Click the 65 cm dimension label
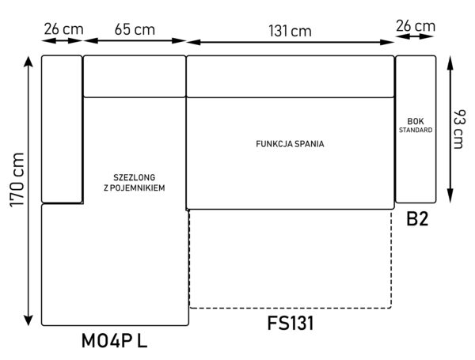tap(135, 30)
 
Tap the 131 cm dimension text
tap(290, 31)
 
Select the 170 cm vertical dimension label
tap(17, 180)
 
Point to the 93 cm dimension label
tap(458, 129)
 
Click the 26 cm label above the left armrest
tap(63, 29)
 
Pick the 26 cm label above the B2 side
tap(416, 26)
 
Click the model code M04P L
tap(114, 341)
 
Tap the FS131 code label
tap(291, 323)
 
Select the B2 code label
tap(417, 219)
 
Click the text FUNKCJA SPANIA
tap(290, 144)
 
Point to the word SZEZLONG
tap(135, 177)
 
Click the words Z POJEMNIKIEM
tap(135, 188)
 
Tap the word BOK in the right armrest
tap(416, 121)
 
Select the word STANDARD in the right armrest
tap(416, 131)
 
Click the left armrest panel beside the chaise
tap(62, 129)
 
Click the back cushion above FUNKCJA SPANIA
tap(291, 76)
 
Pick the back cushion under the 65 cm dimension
tap(135, 76)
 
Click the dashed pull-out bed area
tap(291, 259)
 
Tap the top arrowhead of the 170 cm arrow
tap(28, 61)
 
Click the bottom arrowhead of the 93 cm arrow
tap(450, 195)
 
